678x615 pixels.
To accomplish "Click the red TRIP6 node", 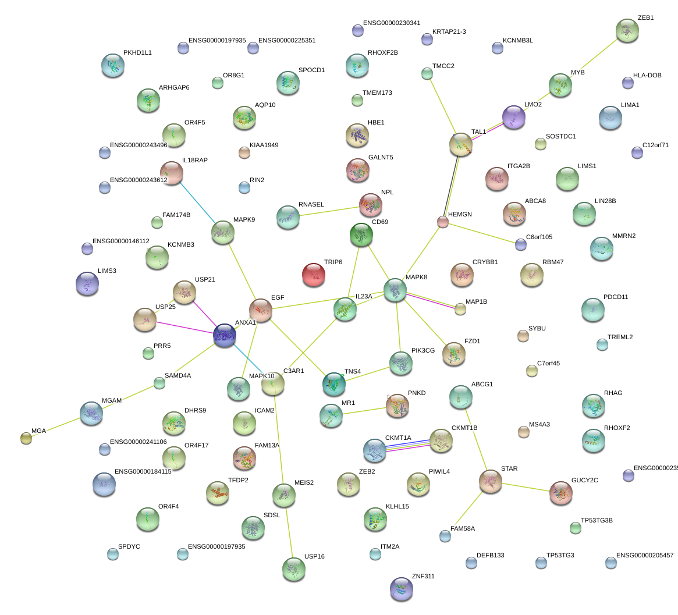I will click(x=314, y=275).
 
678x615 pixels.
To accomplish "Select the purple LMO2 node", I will click(x=513, y=117).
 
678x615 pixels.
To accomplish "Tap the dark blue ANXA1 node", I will click(x=225, y=336).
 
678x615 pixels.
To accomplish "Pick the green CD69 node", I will click(x=361, y=234).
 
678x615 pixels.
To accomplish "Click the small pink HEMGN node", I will click(x=443, y=222).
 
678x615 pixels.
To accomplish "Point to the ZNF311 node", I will click(x=401, y=589).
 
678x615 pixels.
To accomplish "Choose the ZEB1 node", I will click(x=627, y=30).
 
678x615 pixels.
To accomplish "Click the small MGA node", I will click(x=26, y=438).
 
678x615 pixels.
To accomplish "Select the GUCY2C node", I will click(x=560, y=493).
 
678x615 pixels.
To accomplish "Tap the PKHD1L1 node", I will click(x=112, y=65).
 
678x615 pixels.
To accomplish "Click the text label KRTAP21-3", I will click(x=449, y=31).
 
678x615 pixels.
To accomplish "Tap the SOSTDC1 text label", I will click(x=560, y=137).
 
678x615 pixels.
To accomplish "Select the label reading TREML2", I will click(x=620, y=337).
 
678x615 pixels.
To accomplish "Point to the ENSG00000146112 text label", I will click(x=120, y=241).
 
